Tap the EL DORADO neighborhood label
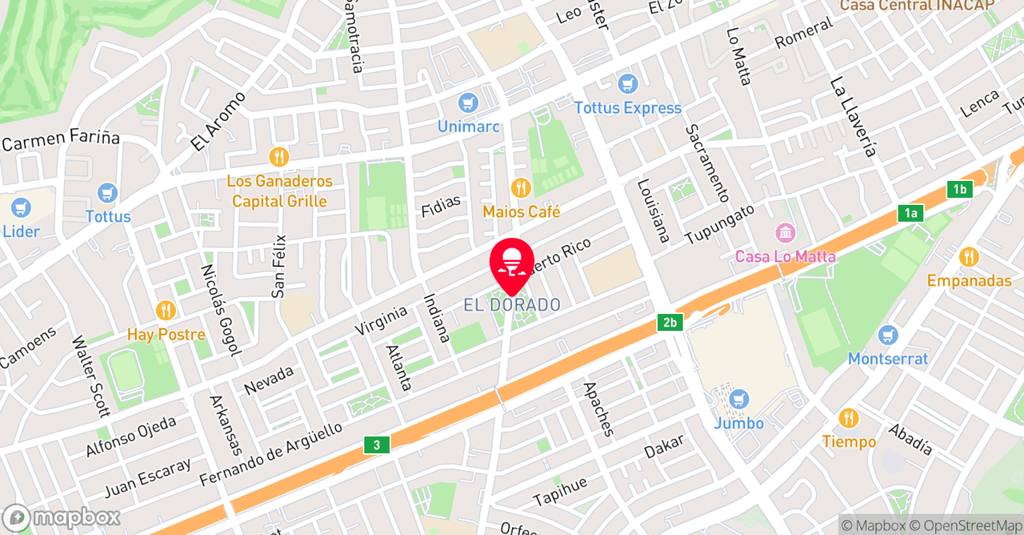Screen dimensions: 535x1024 pos(512,305)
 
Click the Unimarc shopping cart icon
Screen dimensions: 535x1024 pos(468,103)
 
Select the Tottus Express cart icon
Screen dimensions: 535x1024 pos(628,83)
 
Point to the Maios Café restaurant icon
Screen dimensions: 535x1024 pos(521,188)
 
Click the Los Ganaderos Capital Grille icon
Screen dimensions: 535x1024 pos(278,157)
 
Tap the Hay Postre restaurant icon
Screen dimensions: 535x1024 pos(166,310)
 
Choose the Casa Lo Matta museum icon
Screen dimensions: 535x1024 pos(786,233)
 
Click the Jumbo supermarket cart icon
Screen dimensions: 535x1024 pos(739,399)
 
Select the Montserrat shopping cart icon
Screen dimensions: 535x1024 pos(888,335)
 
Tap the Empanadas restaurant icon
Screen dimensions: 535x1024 pos(969,257)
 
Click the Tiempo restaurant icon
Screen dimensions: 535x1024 pos(849,418)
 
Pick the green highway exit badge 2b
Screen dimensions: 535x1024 pos(670,323)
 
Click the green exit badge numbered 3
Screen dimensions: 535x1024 pos(377,444)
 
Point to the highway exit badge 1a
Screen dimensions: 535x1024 pos(910,212)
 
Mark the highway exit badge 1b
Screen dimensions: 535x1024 pos(959,190)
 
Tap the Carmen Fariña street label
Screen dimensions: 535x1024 pos(61,140)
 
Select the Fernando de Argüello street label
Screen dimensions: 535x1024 pos(271,454)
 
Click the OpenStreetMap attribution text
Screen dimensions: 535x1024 pos(966,525)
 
